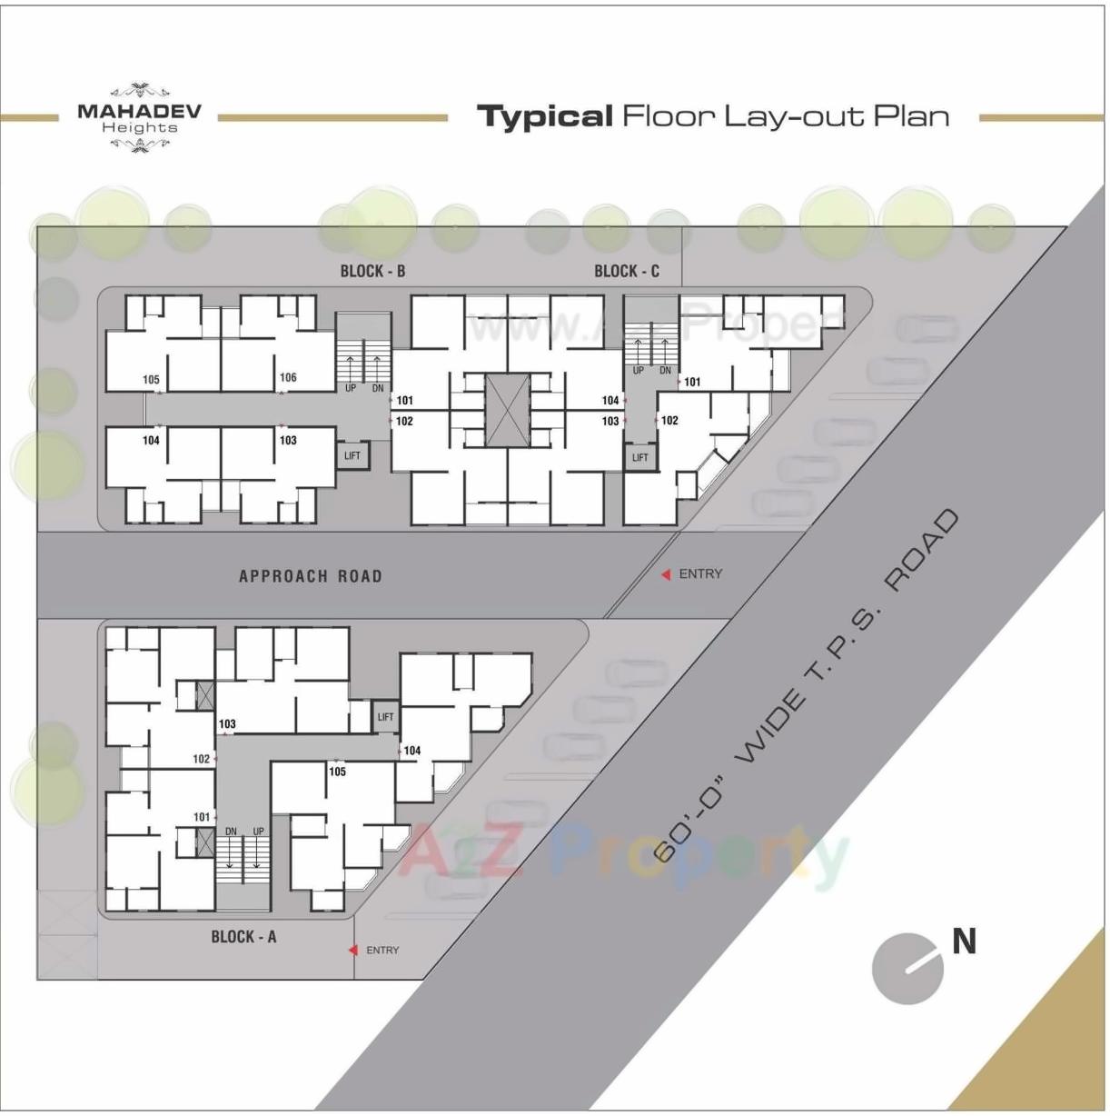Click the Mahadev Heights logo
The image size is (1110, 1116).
coord(139,117)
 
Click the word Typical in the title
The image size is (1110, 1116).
coord(545,116)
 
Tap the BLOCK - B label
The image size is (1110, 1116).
coord(372,271)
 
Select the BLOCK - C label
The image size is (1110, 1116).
coord(627,271)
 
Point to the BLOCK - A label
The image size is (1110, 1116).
coord(243,937)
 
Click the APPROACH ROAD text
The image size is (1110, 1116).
coord(310,576)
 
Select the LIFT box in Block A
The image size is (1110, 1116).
coord(386,717)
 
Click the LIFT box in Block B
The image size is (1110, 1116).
coord(352,455)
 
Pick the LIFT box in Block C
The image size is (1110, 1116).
coord(640,457)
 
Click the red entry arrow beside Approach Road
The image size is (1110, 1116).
coord(666,574)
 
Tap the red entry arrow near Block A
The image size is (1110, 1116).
coord(353,951)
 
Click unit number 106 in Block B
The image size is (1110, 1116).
coord(288,377)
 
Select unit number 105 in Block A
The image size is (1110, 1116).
coord(337,772)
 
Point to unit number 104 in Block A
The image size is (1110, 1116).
coord(412,751)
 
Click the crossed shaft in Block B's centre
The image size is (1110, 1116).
coord(506,410)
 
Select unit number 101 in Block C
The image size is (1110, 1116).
coord(692,382)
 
